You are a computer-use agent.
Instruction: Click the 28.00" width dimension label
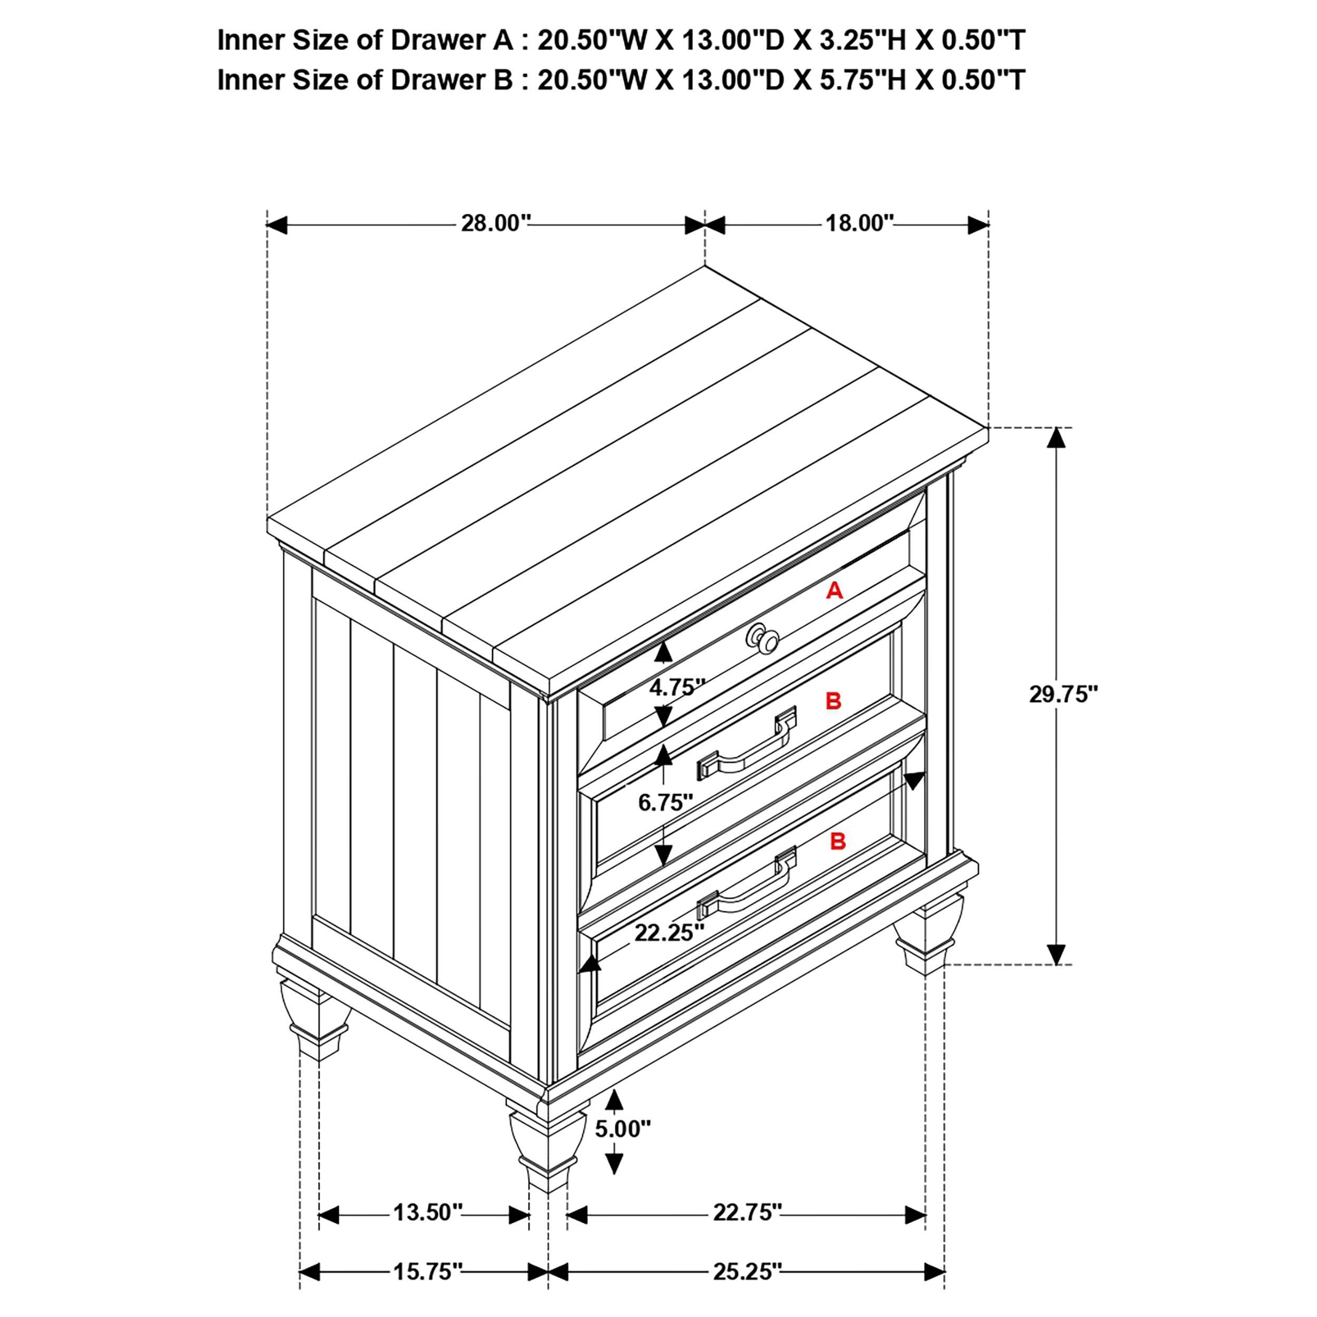click(x=496, y=223)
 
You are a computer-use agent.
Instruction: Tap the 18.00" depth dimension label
click(x=859, y=223)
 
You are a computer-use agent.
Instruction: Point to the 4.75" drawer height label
click(x=676, y=687)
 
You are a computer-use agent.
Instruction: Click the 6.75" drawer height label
click(x=665, y=802)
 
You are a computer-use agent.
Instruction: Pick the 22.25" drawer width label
click(x=669, y=932)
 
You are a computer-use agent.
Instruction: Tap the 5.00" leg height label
click(x=622, y=1129)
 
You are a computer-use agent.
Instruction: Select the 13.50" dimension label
click(x=427, y=1213)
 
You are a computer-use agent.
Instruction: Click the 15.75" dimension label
click(x=427, y=1271)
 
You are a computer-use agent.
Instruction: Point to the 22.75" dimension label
click(x=747, y=1213)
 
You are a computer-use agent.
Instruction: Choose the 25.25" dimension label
click(x=747, y=1271)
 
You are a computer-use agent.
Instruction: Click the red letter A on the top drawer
click(x=834, y=591)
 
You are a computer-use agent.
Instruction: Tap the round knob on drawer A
click(x=763, y=638)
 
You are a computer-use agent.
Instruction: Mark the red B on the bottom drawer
click(x=838, y=842)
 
